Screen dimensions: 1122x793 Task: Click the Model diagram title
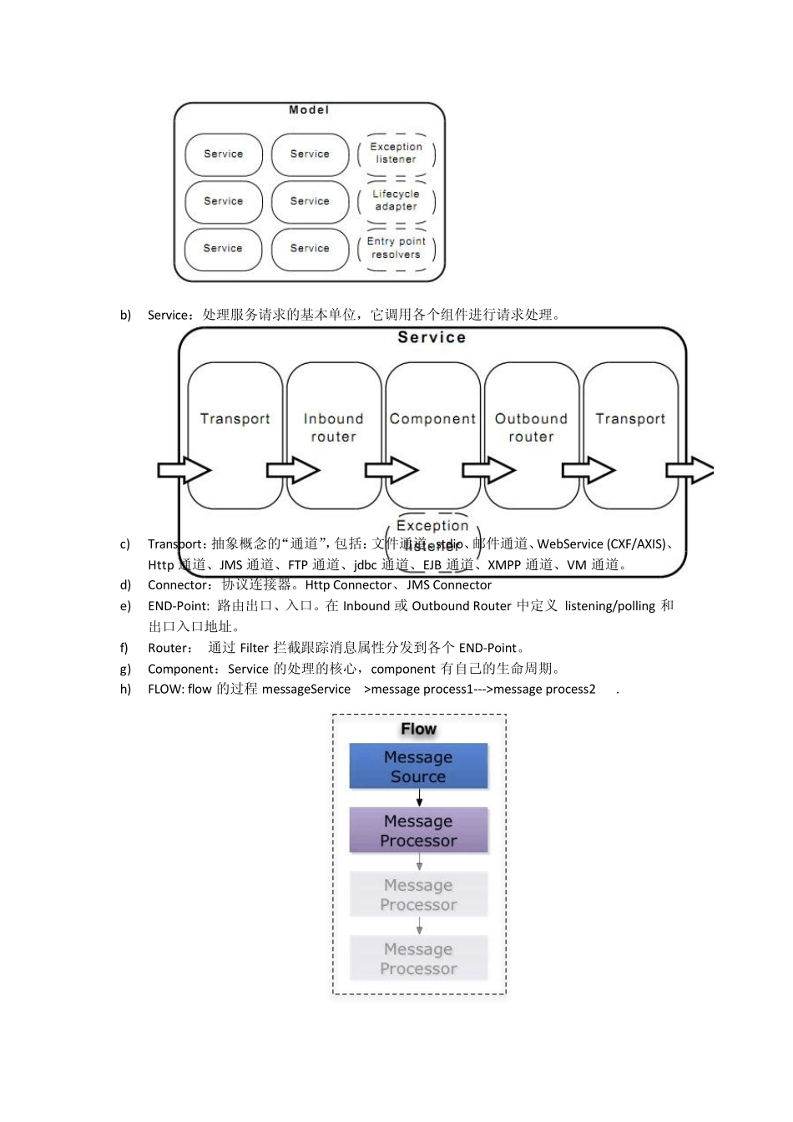point(309,110)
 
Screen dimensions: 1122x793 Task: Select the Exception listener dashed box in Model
point(396,154)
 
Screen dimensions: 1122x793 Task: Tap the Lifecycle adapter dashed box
point(396,200)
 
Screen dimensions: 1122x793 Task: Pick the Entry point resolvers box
point(396,248)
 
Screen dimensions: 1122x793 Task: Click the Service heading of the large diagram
point(432,338)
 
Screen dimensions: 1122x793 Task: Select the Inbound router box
point(334,434)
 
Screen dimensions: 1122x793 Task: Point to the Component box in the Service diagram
point(432,434)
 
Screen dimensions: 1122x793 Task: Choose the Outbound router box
point(531,434)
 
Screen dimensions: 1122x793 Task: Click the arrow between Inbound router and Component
point(391,471)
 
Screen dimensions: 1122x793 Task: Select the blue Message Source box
point(418,766)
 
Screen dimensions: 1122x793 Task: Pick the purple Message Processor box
point(418,831)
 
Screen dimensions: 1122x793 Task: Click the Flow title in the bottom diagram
point(418,729)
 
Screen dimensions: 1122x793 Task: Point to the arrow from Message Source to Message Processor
point(419,798)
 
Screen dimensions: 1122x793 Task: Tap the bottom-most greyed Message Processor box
point(418,958)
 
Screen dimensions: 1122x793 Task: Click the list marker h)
point(125,690)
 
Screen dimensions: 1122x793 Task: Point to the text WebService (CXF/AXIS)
point(601,544)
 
